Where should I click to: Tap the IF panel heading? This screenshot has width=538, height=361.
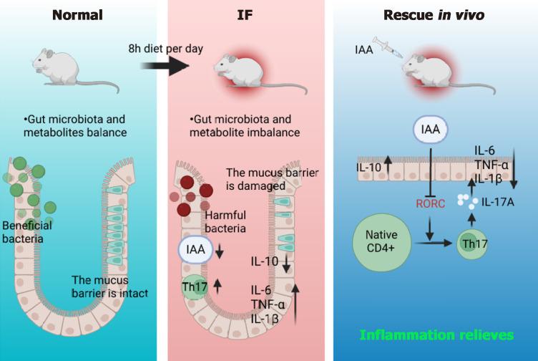246,14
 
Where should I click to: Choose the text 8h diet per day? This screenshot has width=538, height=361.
165,49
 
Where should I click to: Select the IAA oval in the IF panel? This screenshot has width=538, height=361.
192,249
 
